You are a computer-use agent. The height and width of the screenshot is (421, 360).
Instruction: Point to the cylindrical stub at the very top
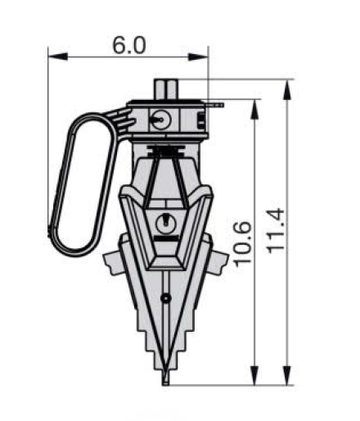pyautogui.click(x=167, y=88)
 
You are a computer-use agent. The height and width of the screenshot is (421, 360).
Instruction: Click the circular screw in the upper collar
pyautogui.click(x=160, y=119)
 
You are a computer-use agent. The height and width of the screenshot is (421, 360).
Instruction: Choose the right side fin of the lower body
pyautogui.click(x=217, y=262)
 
